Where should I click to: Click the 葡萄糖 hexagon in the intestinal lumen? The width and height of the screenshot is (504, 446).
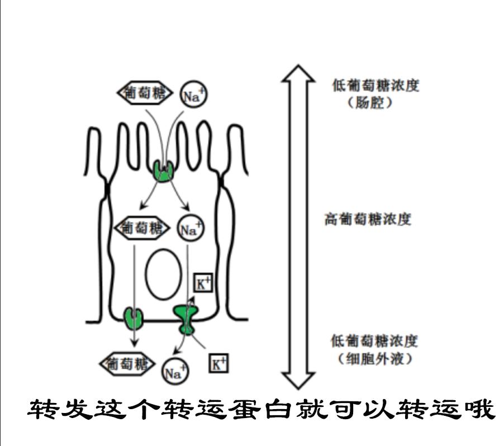(x=144, y=93)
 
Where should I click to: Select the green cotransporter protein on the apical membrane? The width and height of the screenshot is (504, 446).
(x=163, y=170)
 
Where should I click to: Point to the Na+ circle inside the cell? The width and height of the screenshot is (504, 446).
(x=191, y=229)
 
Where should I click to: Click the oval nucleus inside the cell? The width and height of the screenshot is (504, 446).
(x=163, y=274)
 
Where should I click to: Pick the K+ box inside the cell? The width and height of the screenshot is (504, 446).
(x=203, y=283)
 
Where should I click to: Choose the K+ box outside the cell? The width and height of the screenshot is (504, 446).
(x=218, y=364)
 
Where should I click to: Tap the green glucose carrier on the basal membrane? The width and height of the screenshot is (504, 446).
(x=134, y=318)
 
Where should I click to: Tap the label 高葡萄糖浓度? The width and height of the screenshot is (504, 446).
(x=368, y=220)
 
